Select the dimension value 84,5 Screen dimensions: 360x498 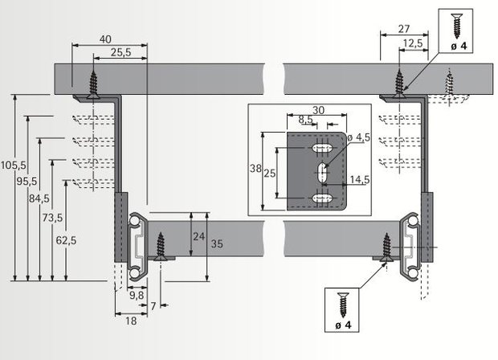[39, 198]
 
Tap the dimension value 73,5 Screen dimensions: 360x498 [51, 218]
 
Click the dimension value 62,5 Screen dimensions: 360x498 [66, 239]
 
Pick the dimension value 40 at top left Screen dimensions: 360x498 [106, 38]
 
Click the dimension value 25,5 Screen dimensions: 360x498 [120, 53]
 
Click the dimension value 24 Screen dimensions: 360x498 [198, 237]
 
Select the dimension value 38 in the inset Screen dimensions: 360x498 [256, 170]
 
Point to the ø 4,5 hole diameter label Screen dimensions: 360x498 [361, 137]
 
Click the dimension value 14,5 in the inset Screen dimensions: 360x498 [359, 179]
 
